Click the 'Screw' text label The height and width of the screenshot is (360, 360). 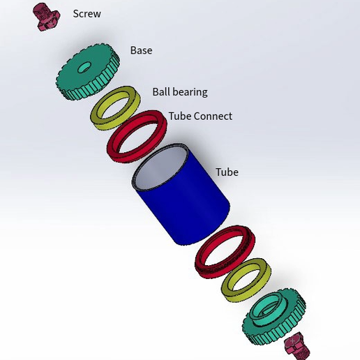tap(87, 14)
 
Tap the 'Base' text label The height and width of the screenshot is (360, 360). tap(141, 50)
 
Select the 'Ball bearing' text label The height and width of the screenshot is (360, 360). tap(179, 91)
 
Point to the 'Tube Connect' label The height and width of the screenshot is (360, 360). tap(200, 116)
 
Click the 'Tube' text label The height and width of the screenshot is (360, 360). tap(227, 172)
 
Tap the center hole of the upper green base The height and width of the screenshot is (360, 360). tap(84, 68)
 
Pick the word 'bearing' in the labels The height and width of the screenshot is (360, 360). tap(190, 92)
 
